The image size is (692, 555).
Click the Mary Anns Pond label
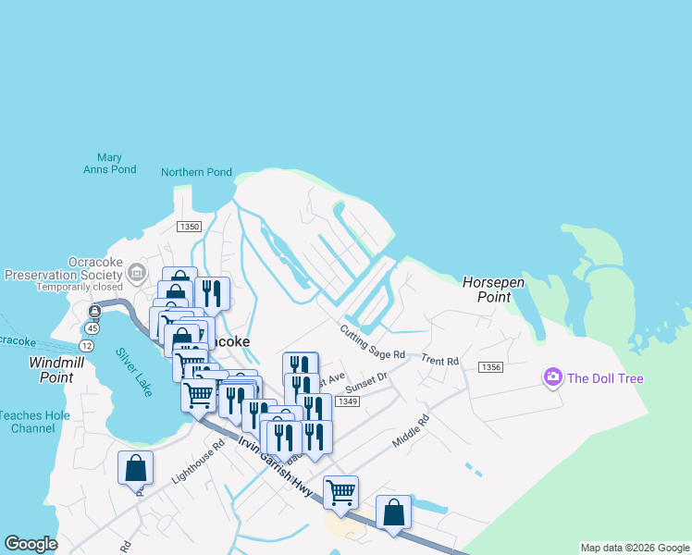point(109,164)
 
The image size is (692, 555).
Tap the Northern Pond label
point(196,172)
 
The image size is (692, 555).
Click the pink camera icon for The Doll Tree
point(553,376)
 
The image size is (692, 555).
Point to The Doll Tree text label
point(605,378)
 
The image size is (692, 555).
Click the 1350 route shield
point(189,227)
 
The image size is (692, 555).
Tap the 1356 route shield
point(491,367)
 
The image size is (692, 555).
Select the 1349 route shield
point(348,401)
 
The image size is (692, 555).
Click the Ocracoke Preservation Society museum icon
point(137,272)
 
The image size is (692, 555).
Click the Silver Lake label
point(134,372)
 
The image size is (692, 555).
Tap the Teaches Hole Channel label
point(33,422)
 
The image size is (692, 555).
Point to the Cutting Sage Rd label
point(373,341)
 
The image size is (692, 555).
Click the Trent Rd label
point(439,361)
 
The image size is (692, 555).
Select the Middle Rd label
point(411,431)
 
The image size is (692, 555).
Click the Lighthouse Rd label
point(199,462)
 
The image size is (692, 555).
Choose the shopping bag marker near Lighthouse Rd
point(136,468)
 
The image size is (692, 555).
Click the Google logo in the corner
point(31,544)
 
